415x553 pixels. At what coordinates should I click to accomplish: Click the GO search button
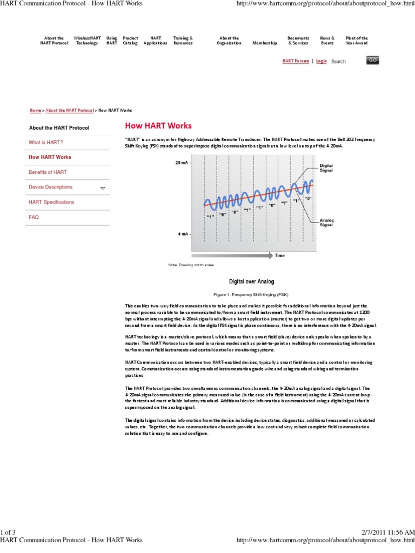(x=373, y=60)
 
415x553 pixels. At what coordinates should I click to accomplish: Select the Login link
(x=322, y=62)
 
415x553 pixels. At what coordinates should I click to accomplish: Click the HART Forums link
(x=296, y=62)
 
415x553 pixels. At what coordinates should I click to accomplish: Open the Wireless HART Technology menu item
(x=86, y=41)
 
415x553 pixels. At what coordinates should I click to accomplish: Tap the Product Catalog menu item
(x=130, y=41)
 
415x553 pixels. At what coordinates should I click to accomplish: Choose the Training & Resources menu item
(x=183, y=41)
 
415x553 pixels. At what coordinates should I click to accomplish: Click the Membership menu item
(x=265, y=43)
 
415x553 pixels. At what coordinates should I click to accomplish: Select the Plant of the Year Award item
(x=357, y=41)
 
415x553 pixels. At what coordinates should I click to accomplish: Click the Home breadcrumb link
(x=35, y=110)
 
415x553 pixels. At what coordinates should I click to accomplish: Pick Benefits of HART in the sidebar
(x=48, y=172)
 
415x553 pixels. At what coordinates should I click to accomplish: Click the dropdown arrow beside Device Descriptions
(x=103, y=188)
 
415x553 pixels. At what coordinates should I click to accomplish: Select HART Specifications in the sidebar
(x=51, y=202)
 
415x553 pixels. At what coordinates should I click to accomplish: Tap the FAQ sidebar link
(x=34, y=217)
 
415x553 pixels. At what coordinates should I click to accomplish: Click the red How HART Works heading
(x=158, y=126)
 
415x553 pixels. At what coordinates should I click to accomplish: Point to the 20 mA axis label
(x=182, y=162)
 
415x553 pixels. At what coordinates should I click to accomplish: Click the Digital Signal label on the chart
(x=326, y=167)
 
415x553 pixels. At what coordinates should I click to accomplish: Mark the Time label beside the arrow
(x=279, y=255)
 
